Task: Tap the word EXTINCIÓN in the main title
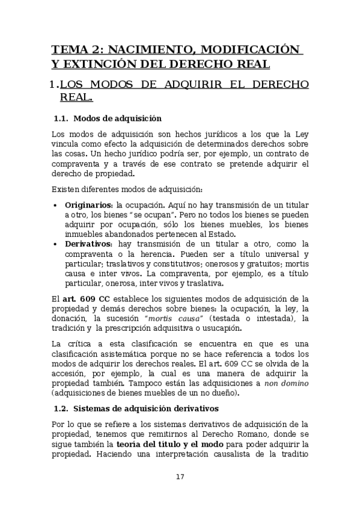tap(104, 63)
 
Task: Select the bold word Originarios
tap(90, 204)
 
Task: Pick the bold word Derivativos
tap(90, 244)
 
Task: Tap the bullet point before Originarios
tap(56, 204)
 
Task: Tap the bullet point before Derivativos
tap(56, 244)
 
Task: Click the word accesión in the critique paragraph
tap(71, 373)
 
